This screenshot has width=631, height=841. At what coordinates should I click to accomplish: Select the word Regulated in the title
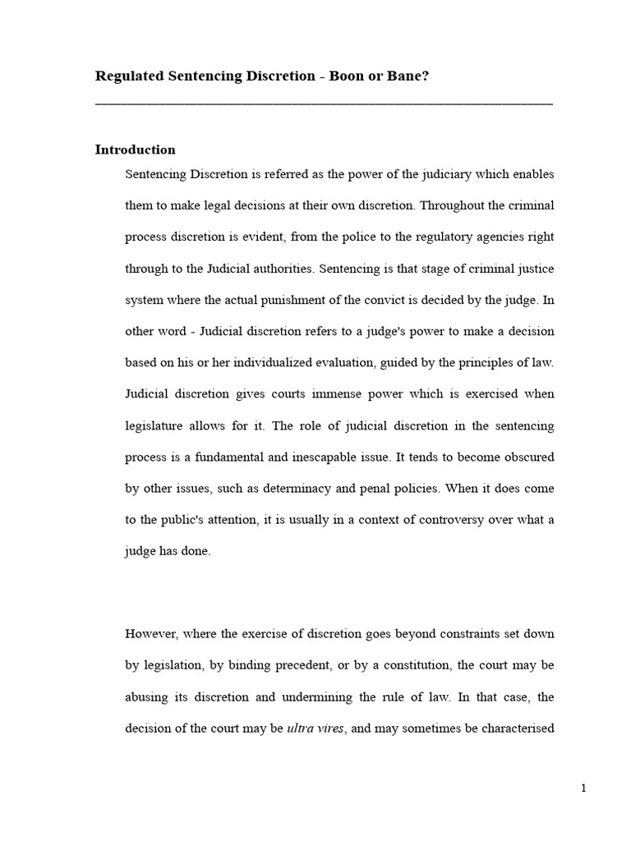click(130, 76)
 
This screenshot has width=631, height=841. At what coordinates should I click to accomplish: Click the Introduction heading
click(136, 149)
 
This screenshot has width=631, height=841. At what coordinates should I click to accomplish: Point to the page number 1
click(583, 788)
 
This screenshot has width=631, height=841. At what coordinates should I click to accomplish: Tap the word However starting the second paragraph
click(151, 633)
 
